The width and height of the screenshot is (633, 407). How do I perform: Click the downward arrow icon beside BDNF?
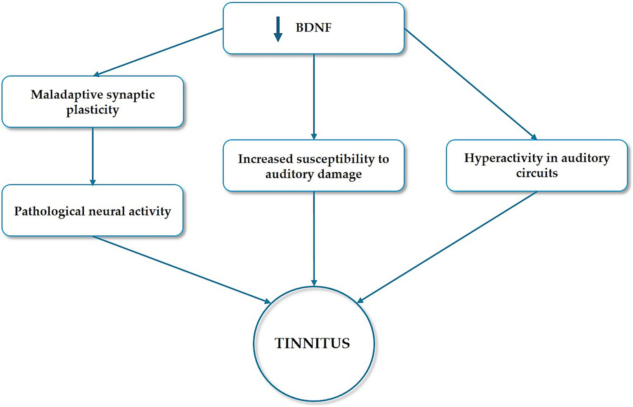pyautogui.click(x=278, y=29)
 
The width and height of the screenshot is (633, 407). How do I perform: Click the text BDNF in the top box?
pyautogui.click(x=313, y=28)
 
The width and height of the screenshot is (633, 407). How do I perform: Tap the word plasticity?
pyautogui.click(x=92, y=110)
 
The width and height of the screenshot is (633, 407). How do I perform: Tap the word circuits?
pyautogui.click(x=537, y=173)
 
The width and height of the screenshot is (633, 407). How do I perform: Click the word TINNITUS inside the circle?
pyautogui.click(x=312, y=343)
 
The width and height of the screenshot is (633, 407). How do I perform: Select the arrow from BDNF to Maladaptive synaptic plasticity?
pyautogui.click(x=159, y=52)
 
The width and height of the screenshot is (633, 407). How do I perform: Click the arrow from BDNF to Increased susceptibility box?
pyautogui.click(x=314, y=97)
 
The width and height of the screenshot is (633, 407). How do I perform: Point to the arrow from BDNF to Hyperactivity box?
pyautogui.click(x=470, y=84)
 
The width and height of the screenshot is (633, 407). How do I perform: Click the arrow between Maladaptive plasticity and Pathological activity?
pyautogui.click(x=92, y=156)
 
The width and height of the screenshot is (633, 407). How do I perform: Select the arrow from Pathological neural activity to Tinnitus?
pyautogui.click(x=181, y=270)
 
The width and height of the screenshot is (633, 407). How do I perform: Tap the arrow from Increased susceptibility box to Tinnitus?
pyautogui.click(x=314, y=239)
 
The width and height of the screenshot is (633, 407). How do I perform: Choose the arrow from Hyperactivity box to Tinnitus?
pyautogui.click(x=447, y=247)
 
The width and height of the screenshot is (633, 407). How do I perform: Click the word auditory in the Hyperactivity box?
pyautogui.click(x=585, y=158)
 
